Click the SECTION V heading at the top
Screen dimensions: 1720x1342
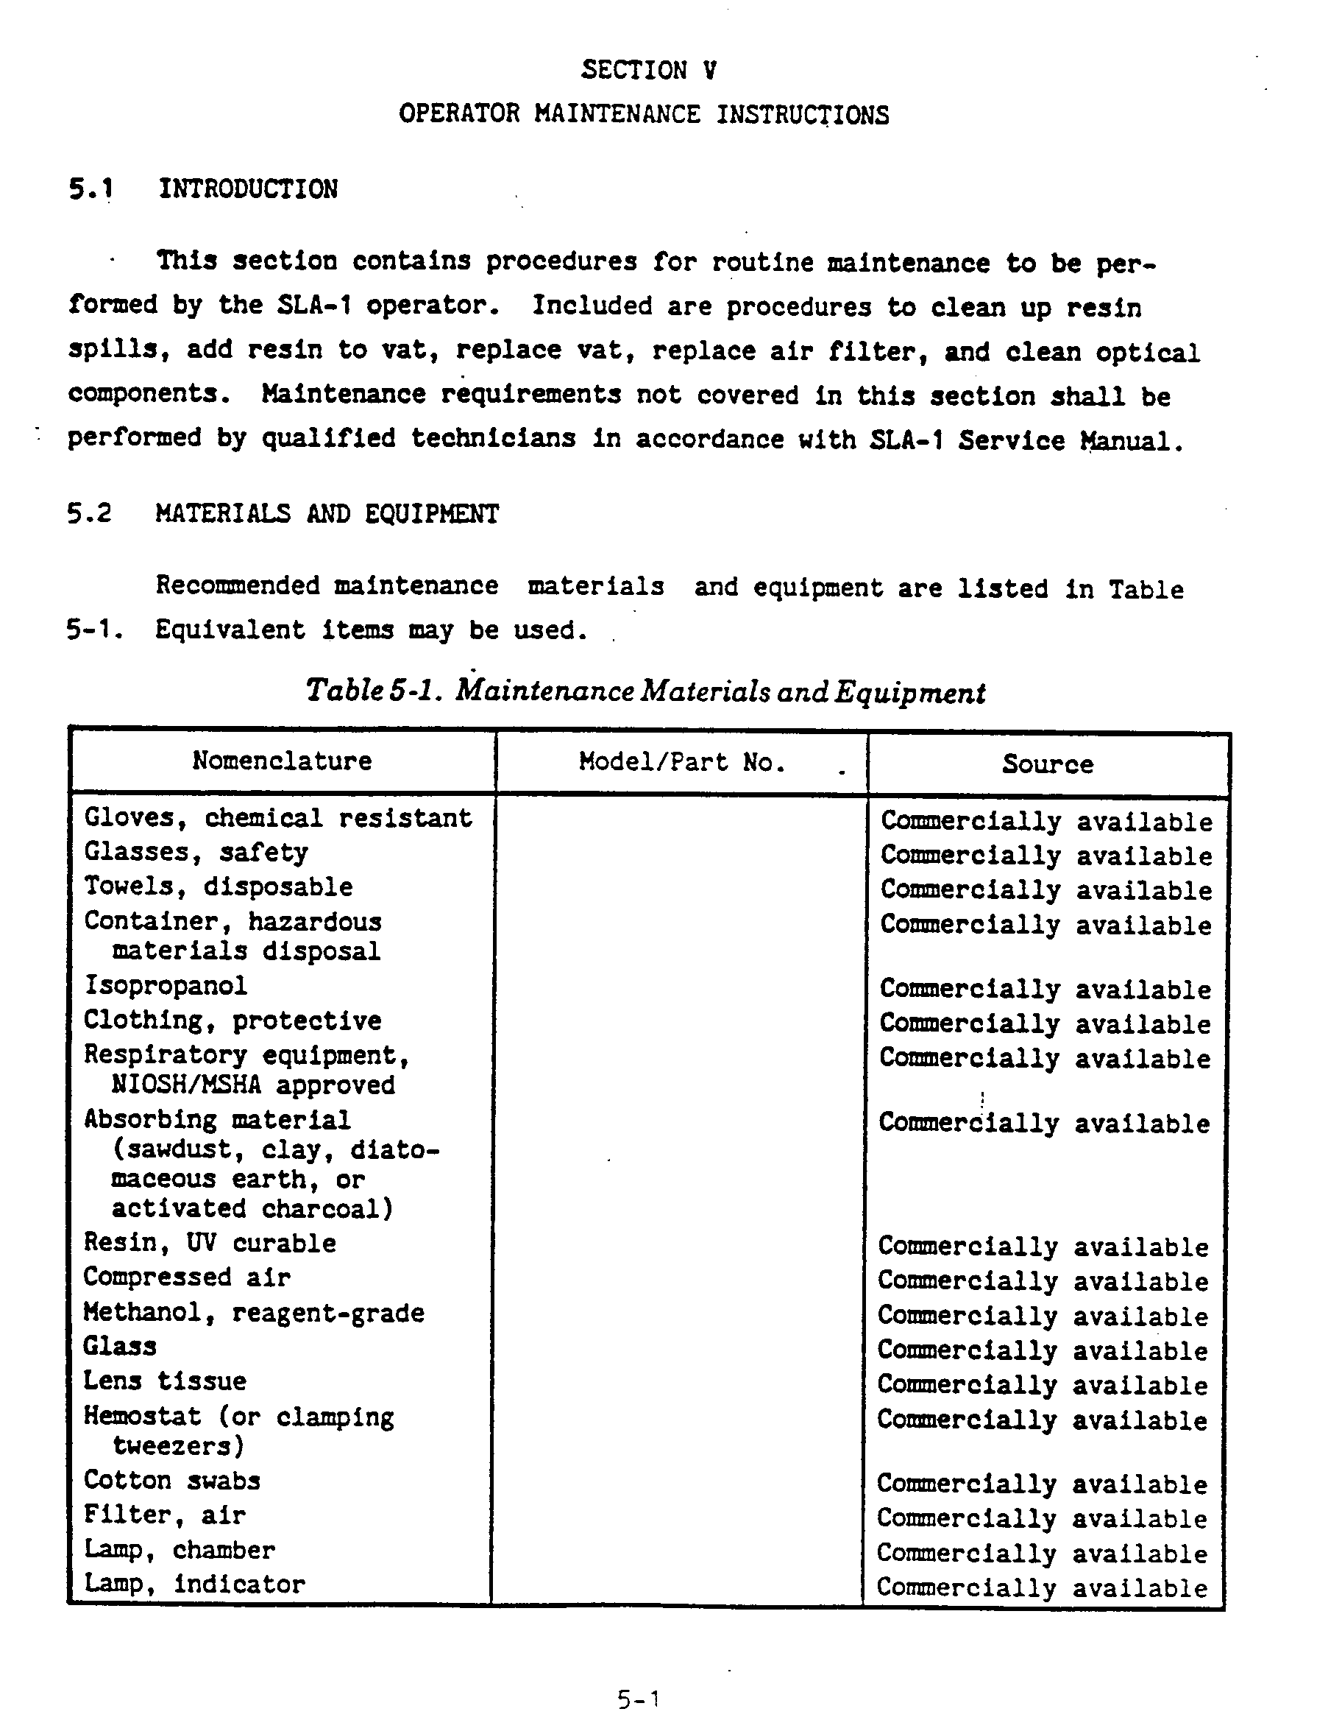pyautogui.click(x=649, y=70)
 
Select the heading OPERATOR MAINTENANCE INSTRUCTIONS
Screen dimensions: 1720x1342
pyautogui.click(x=644, y=114)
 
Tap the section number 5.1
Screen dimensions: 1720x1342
pyautogui.click(x=91, y=189)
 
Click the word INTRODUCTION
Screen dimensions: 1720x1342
pyautogui.click(x=248, y=189)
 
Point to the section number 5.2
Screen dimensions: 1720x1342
pyautogui.click(x=90, y=513)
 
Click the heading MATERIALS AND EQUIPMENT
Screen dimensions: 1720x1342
pyautogui.click(x=327, y=513)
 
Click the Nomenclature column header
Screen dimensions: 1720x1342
pyautogui.click(x=282, y=761)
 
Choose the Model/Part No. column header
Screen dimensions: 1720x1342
pyautogui.click(x=681, y=761)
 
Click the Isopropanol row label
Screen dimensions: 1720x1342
pyautogui.click(x=166, y=985)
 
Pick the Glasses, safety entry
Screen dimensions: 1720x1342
pyautogui.click(x=196, y=852)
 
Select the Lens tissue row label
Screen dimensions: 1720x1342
pyautogui.click(x=165, y=1381)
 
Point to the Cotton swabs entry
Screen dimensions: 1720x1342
pyautogui.click(x=171, y=1481)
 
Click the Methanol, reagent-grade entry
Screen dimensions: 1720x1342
pyautogui.click(x=253, y=1312)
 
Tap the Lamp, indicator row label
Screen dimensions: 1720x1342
pyautogui.click(x=194, y=1583)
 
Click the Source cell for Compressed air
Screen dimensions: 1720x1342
pyautogui.click(x=1043, y=1280)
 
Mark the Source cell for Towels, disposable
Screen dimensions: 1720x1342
pyautogui.click(x=1046, y=890)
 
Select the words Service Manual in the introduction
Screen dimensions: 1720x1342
pyautogui.click(x=1071, y=440)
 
